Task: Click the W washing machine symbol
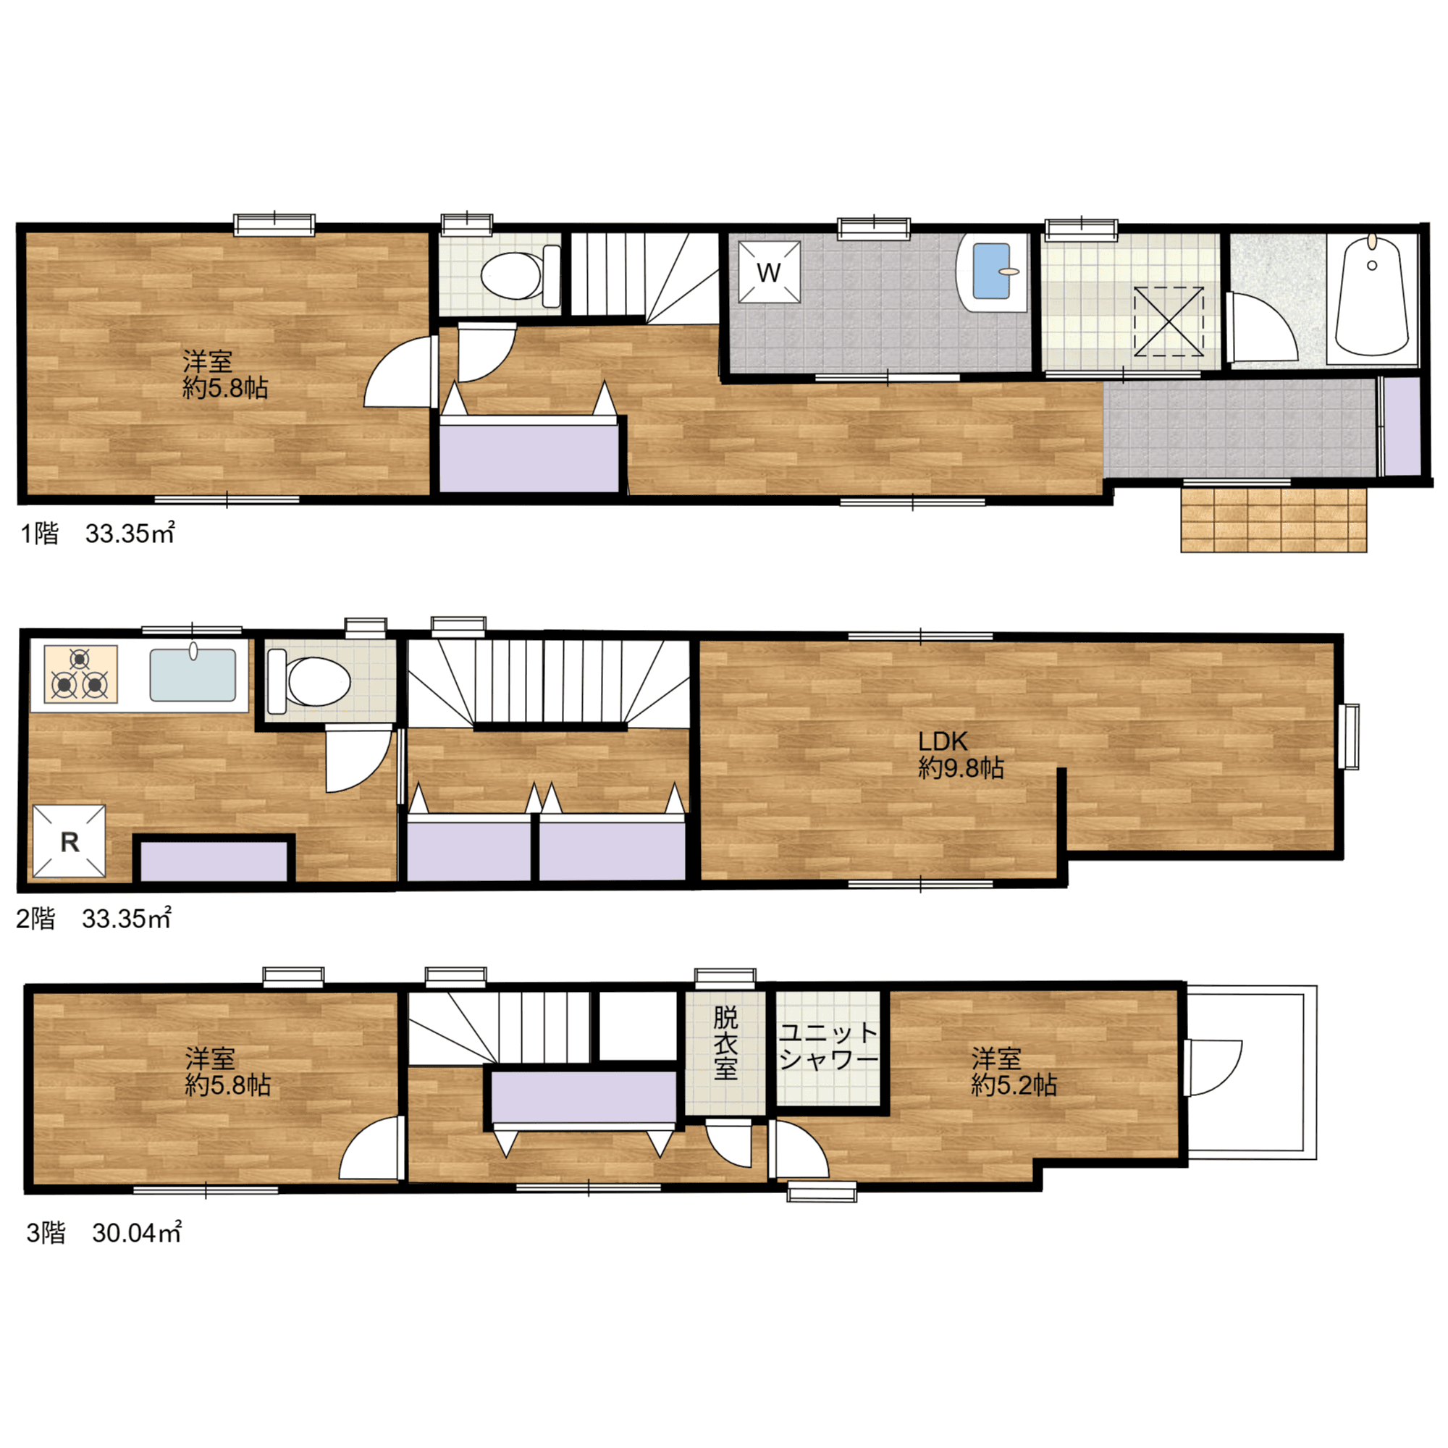(x=769, y=272)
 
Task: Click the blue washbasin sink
(x=992, y=271)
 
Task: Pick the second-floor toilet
(x=309, y=681)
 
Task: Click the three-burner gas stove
(x=81, y=674)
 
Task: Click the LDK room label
(x=943, y=742)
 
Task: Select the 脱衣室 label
(x=725, y=1043)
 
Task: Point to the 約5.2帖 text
(x=1014, y=1085)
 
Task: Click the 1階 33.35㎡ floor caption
(x=98, y=534)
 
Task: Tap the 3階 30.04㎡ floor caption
(x=104, y=1233)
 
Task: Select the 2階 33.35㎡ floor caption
(x=94, y=919)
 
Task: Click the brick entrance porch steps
(x=1274, y=519)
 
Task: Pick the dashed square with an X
(x=1169, y=321)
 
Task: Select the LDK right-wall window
(x=1349, y=736)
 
